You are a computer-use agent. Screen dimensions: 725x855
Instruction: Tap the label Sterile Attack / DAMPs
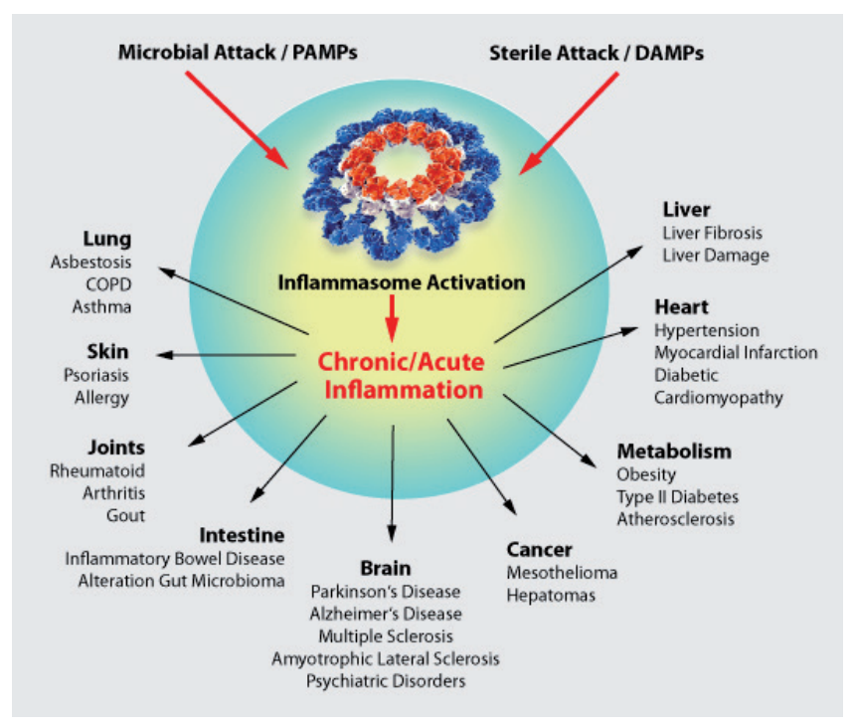597,53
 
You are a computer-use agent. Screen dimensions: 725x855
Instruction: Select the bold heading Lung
107,240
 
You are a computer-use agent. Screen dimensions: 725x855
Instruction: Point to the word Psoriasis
95,376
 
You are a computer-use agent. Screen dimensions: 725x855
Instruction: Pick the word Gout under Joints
126,515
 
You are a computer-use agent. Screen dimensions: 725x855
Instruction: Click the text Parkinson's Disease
385,592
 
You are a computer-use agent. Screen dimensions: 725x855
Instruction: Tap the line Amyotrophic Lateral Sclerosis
385,658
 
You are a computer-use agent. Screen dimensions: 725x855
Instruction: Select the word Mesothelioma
562,573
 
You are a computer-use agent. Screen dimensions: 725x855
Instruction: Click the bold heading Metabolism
674,452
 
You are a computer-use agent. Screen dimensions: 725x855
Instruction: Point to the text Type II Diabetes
677,496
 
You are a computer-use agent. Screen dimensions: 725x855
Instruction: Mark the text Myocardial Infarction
736,352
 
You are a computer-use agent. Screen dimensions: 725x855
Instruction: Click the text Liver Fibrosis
712,233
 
